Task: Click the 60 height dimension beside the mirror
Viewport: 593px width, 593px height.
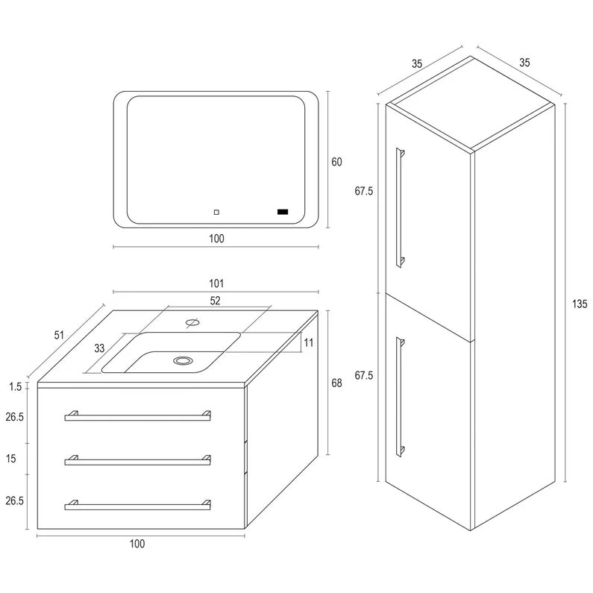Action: [x=336, y=162]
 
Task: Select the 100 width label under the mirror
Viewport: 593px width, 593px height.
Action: [x=217, y=239]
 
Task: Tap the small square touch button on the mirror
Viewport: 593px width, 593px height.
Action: [x=216, y=212]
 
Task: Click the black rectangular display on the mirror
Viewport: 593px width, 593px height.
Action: [x=283, y=212]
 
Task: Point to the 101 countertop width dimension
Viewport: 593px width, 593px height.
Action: [x=217, y=283]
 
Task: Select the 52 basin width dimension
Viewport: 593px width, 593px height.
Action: [x=216, y=301]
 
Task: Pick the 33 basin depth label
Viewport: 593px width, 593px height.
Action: [x=99, y=348]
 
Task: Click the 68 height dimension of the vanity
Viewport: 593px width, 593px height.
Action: [x=336, y=383]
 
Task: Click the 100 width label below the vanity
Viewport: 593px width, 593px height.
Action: [x=137, y=543]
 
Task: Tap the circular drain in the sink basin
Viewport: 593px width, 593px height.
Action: [x=181, y=361]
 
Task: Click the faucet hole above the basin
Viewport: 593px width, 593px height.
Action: [x=191, y=323]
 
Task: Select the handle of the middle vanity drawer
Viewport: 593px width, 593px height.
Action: [x=137, y=461]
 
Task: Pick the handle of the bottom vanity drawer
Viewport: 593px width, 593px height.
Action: [x=137, y=506]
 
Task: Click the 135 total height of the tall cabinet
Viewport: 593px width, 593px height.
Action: [x=580, y=304]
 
